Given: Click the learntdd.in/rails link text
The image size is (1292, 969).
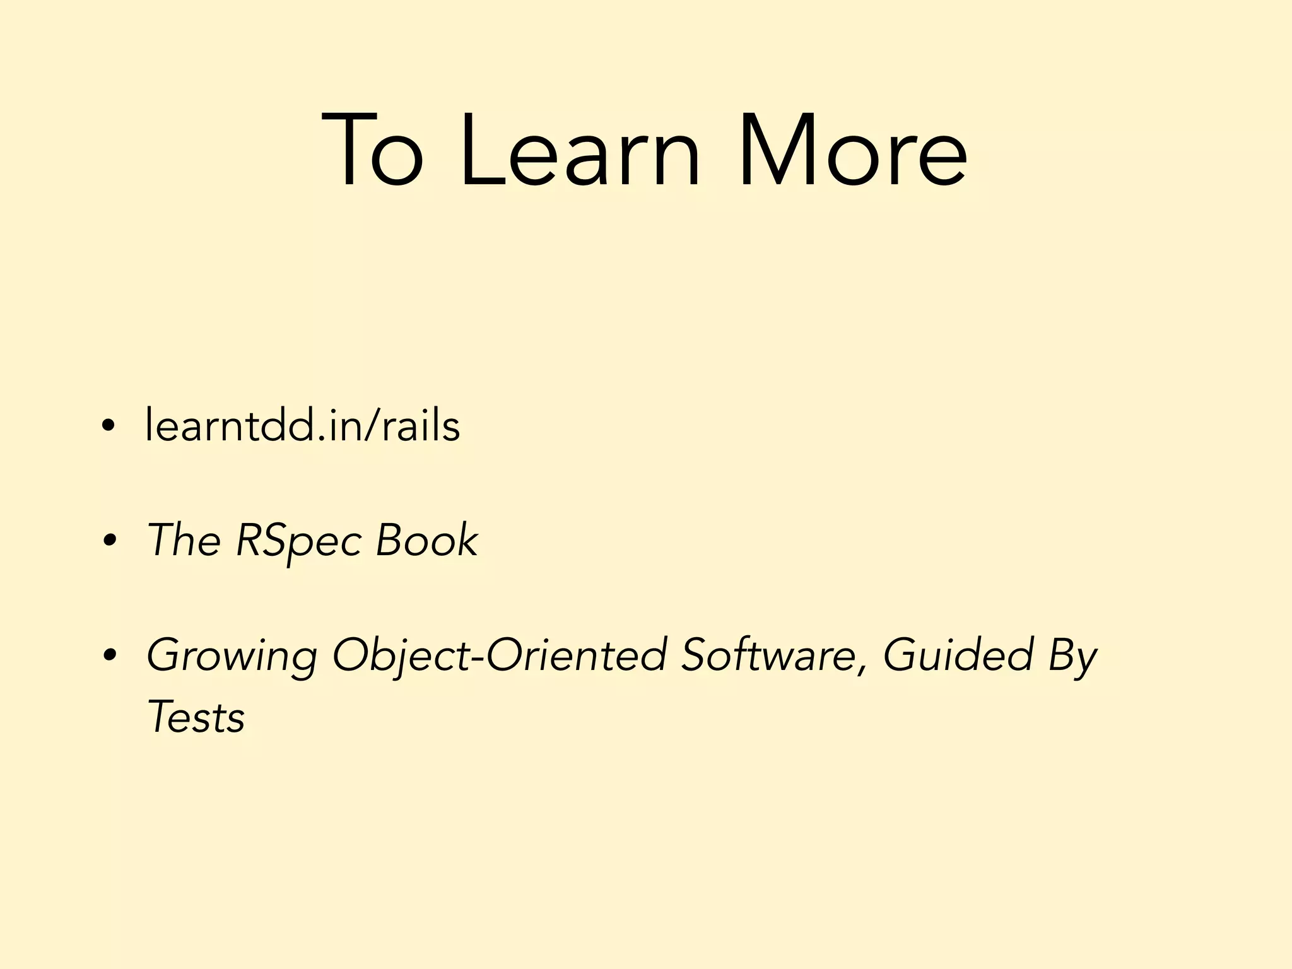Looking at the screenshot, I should coord(303,426).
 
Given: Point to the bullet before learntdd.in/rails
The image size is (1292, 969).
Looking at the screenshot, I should coord(108,426).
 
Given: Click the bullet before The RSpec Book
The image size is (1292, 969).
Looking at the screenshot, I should coord(108,541).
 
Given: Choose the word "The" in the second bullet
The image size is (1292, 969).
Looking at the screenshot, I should coord(184,541).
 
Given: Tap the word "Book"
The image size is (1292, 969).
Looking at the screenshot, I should coord(426,541).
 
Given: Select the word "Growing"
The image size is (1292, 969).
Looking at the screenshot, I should coord(232,656).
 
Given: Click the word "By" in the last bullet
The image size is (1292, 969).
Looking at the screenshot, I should coord(1072,656).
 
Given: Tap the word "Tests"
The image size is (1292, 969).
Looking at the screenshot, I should coord(196,718).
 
